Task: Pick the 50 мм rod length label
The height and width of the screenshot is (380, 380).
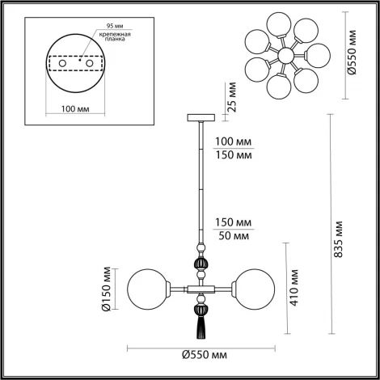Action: click(233, 235)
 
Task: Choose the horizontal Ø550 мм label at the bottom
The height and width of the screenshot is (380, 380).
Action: click(200, 354)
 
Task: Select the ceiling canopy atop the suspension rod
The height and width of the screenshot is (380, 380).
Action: click(199, 118)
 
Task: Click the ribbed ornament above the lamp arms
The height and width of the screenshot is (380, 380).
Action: click(199, 264)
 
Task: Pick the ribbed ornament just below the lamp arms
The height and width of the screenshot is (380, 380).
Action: click(199, 308)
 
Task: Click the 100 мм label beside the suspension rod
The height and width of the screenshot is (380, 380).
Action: click(233, 141)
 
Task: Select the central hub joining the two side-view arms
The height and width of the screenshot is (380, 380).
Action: click(199, 287)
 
